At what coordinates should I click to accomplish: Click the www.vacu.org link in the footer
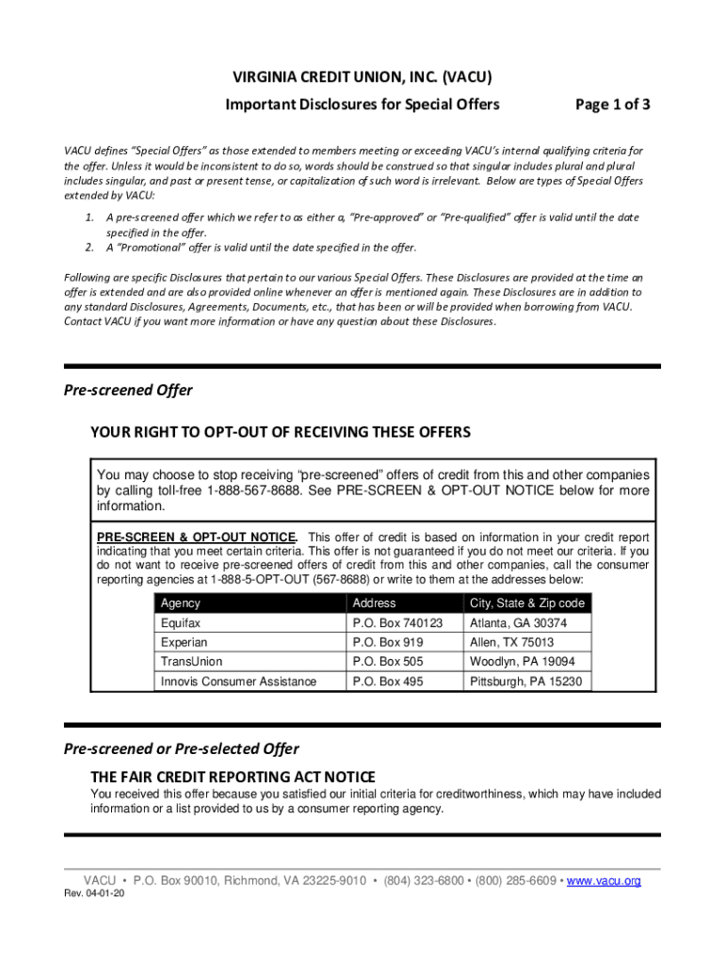click(x=604, y=880)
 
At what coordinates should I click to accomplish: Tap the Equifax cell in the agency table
click(x=181, y=623)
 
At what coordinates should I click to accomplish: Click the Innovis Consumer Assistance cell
click(x=238, y=682)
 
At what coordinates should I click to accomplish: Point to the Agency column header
click(x=181, y=602)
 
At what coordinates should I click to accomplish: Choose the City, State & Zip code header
click(x=526, y=602)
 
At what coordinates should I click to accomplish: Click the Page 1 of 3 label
click(x=613, y=104)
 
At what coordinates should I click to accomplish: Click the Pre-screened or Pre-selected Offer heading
click(x=181, y=748)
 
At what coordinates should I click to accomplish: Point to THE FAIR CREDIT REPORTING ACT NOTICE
click(x=233, y=777)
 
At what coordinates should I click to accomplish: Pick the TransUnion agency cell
click(x=192, y=662)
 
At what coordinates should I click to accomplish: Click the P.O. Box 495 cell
click(x=388, y=682)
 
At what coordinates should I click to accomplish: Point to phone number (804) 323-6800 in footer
click(x=424, y=880)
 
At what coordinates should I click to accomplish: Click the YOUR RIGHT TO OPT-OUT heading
click(x=281, y=432)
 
